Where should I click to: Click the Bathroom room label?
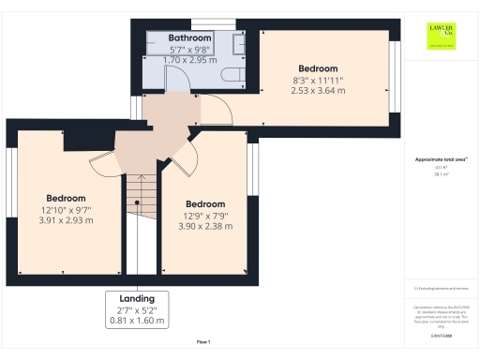189,38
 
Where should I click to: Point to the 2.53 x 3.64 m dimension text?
317,91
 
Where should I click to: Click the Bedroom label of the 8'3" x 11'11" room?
317,68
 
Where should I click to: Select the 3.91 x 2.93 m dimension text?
66,220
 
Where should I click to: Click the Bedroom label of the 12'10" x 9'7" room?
66,198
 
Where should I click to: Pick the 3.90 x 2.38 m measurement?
204,226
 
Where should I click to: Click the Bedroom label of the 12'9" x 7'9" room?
204,203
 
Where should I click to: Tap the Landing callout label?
138,298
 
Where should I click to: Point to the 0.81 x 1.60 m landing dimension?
138,321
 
